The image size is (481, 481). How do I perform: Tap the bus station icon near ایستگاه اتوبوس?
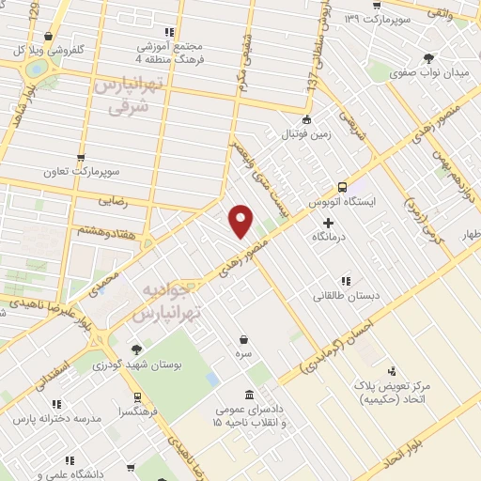click(x=342, y=186)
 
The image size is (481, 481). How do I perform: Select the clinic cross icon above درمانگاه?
click(x=328, y=223)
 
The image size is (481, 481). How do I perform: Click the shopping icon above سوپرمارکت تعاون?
click(x=81, y=158)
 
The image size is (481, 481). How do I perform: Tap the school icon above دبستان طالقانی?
click(x=347, y=280)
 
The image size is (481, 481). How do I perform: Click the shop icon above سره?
click(x=244, y=340)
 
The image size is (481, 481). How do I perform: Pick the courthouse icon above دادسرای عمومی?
click(x=248, y=395)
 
